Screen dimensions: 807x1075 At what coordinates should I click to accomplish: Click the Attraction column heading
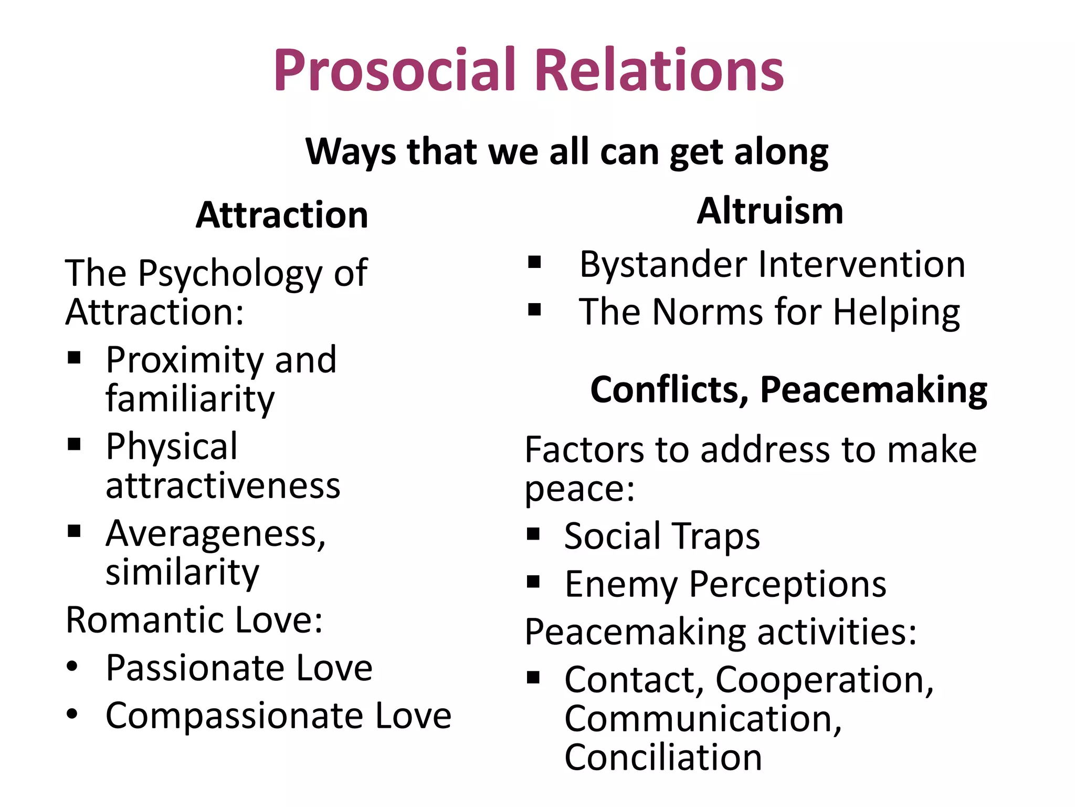tap(282, 215)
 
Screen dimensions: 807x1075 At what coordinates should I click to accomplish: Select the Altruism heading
tap(770, 211)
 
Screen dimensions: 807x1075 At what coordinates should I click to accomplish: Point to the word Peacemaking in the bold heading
tap(873, 390)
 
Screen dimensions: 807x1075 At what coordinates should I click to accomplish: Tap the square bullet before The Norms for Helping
tap(534, 310)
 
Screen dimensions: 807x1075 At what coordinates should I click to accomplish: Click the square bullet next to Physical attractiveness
tap(74, 444)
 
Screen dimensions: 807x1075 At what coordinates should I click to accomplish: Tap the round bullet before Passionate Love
tap(72, 667)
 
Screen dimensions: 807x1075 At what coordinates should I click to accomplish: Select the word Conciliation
tap(663, 757)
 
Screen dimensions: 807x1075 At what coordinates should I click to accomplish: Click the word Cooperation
tap(824, 680)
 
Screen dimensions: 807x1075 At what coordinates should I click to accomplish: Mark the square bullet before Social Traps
tap(533, 534)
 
